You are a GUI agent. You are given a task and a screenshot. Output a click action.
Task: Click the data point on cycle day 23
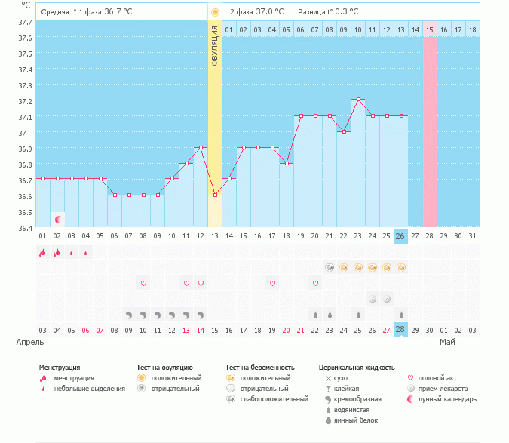358,100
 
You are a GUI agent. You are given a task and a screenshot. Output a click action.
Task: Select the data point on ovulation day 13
215,195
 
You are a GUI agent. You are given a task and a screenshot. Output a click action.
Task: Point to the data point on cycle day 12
201,147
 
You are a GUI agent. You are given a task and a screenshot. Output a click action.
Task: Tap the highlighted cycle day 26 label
401,236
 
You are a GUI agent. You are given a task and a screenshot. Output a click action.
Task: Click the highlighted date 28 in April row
401,330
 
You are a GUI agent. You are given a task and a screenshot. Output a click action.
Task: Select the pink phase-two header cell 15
430,29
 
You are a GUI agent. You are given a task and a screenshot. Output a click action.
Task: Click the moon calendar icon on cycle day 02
57,220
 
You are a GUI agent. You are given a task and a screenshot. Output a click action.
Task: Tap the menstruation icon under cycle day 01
42,253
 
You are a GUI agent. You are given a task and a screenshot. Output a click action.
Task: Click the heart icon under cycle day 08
143,283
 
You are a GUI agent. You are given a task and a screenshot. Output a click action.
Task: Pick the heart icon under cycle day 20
315,283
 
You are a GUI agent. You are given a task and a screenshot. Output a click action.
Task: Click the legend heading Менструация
60,368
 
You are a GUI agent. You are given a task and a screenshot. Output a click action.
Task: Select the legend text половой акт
437,377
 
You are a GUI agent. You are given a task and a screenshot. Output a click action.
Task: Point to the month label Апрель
31,342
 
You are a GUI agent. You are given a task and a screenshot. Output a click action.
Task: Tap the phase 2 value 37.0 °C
271,12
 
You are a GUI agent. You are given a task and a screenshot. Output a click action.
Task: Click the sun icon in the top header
215,12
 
